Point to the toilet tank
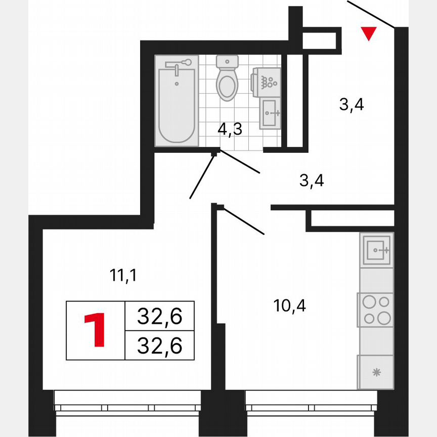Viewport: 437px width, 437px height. pos(227,63)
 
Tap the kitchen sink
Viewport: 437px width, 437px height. pos(376,250)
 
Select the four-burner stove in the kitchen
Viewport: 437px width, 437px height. pos(375,310)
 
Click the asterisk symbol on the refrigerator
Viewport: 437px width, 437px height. pos(376,373)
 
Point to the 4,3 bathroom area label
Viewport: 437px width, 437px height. pos(230,129)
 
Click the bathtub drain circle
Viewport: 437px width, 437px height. pos(177,82)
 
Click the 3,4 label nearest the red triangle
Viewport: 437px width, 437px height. pos(352,106)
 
